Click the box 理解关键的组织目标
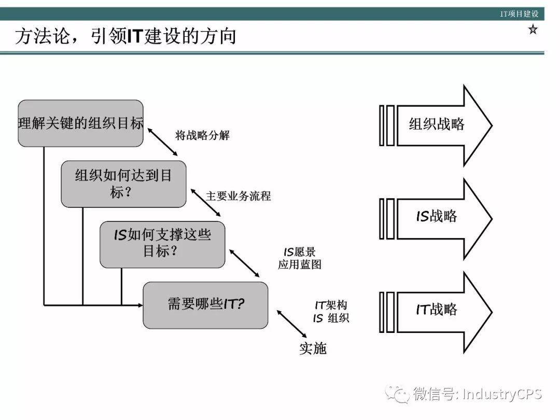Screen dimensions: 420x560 click(x=80, y=123)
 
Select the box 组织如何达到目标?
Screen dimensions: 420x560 click(x=123, y=184)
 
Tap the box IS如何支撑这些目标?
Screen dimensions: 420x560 click(x=162, y=244)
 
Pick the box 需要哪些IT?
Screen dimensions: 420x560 click(x=205, y=305)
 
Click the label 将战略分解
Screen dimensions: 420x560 click(x=202, y=136)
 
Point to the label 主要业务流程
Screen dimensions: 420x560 click(x=239, y=196)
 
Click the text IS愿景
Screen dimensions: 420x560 click(x=300, y=252)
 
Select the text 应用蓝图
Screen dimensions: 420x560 click(x=300, y=264)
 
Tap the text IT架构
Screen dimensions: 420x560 click(x=331, y=305)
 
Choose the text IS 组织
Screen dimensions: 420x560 click(x=331, y=318)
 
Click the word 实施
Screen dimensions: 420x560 click(x=313, y=348)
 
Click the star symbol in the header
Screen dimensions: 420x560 click(x=533, y=30)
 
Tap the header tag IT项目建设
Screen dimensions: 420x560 click(x=519, y=14)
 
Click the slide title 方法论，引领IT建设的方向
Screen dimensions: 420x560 click(x=125, y=36)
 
